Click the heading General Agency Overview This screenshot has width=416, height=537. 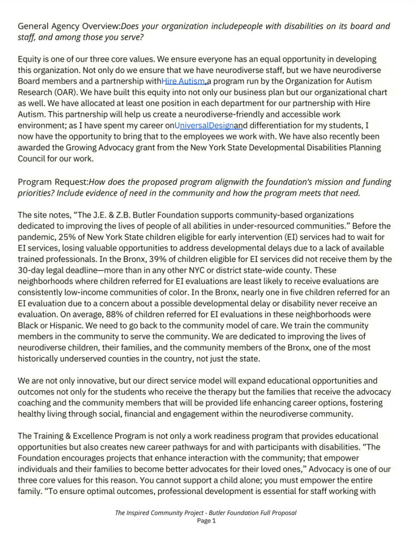coord(69,26)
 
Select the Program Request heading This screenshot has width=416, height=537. coord(53,182)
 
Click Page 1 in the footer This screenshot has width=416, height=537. coord(206,521)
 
